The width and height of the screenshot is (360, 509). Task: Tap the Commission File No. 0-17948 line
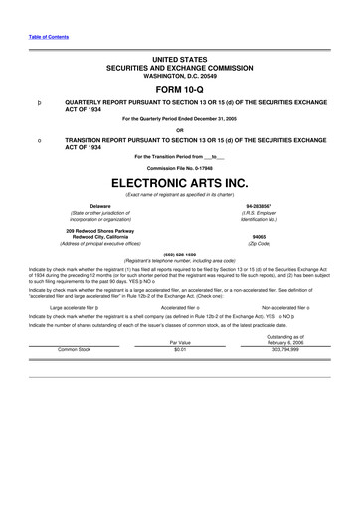(x=180, y=166)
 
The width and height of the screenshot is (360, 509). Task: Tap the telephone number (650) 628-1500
(x=180, y=254)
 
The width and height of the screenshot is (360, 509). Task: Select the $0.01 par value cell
(x=180, y=350)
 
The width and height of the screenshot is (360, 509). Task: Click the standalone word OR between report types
(x=180, y=130)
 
